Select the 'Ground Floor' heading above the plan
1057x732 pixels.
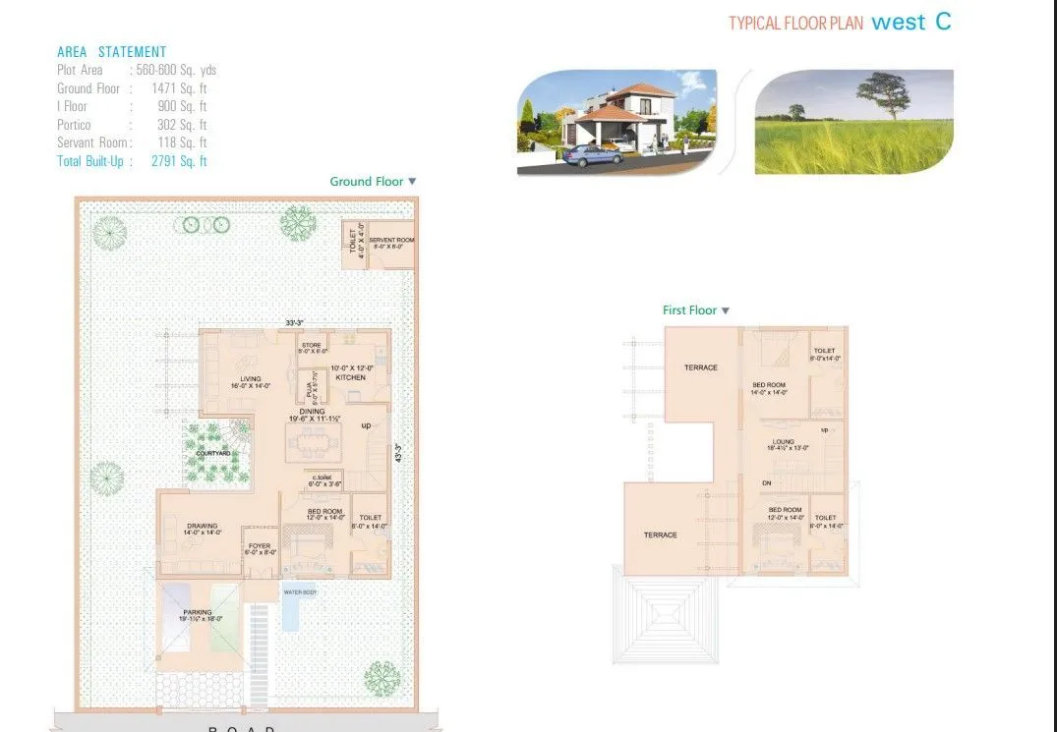tap(366, 181)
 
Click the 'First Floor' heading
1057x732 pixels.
tap(689, 310)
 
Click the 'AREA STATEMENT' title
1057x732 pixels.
tap(111, 52)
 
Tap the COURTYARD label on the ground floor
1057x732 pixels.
tap(213, 453)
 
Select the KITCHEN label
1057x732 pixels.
tap(350, 377)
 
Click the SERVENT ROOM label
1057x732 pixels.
tap(391, 240)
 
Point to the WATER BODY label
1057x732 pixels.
tap(299, 592)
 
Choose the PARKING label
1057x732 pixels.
tap(197, 612)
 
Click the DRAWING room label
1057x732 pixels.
tap(202, 526)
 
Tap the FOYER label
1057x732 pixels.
tap(259, 546)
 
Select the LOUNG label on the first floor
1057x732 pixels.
tap(783, 442)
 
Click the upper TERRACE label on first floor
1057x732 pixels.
tap(701, 367)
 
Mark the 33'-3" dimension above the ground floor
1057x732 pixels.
tap(294, 322)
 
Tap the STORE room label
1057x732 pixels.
tap(312, 344)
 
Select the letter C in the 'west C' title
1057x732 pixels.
tap(943, 22)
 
